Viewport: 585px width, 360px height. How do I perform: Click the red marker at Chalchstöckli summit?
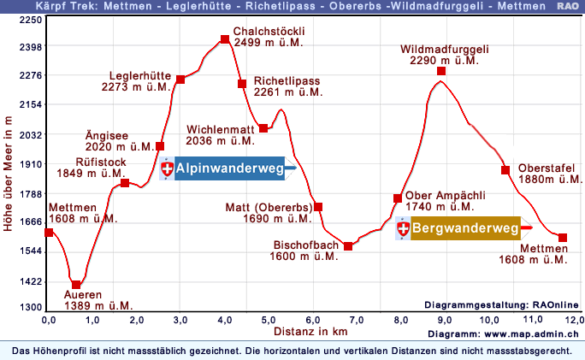(x=225, y=39)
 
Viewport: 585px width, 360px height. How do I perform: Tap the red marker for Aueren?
(x=76, y=285)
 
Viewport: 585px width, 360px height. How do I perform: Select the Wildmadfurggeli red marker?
(x=441, y=71)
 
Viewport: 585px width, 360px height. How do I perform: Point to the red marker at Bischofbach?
(x=348, y=246)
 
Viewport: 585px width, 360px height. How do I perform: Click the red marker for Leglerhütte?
(x=180, y=80)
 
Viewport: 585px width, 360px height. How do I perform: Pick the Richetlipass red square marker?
(x=243, y=84)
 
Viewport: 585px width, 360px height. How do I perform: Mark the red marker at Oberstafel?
(x=505, y=169)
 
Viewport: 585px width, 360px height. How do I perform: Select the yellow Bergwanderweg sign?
(x=465, y=228)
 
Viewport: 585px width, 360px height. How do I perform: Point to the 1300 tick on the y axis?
(x=30, y=307)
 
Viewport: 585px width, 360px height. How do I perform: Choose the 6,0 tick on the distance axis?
(x=313, y=319)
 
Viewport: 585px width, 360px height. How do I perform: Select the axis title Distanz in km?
(x=310, y=330)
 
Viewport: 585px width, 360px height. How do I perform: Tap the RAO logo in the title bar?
(x=567, y=6)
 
